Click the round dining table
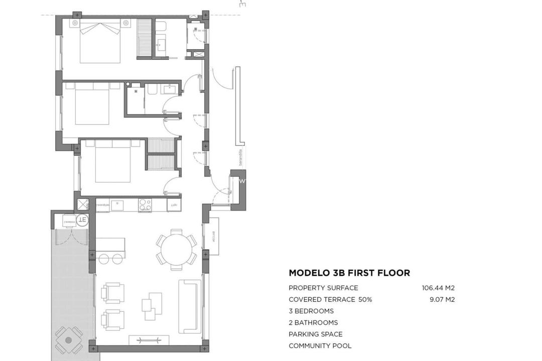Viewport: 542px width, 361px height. click(176, 249)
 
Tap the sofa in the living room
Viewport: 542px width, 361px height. click(190, 306)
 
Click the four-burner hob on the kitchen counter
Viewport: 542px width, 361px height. click(145, 205)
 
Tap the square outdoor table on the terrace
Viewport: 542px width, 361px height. click(69, 340)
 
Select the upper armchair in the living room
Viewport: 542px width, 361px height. click(112, 293)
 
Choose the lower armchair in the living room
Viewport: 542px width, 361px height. click(112, 319)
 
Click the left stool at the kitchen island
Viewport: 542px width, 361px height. click(104, 259)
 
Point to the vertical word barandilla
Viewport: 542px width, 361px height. click(240, 157)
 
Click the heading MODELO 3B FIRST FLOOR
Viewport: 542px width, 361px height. click(349, 273)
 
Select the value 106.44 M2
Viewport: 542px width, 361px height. click(438, 288)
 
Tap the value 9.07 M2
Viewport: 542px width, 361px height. click(442, 299)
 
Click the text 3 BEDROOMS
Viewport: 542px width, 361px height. click(311, 311)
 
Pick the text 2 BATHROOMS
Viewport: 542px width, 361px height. click(313, 322)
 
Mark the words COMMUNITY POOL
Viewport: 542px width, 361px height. click(320, 345)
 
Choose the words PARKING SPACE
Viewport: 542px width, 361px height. click(316, 334)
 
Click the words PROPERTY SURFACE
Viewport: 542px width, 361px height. click(323, 288)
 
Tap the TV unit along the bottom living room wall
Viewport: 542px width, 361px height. click(149, 340)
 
